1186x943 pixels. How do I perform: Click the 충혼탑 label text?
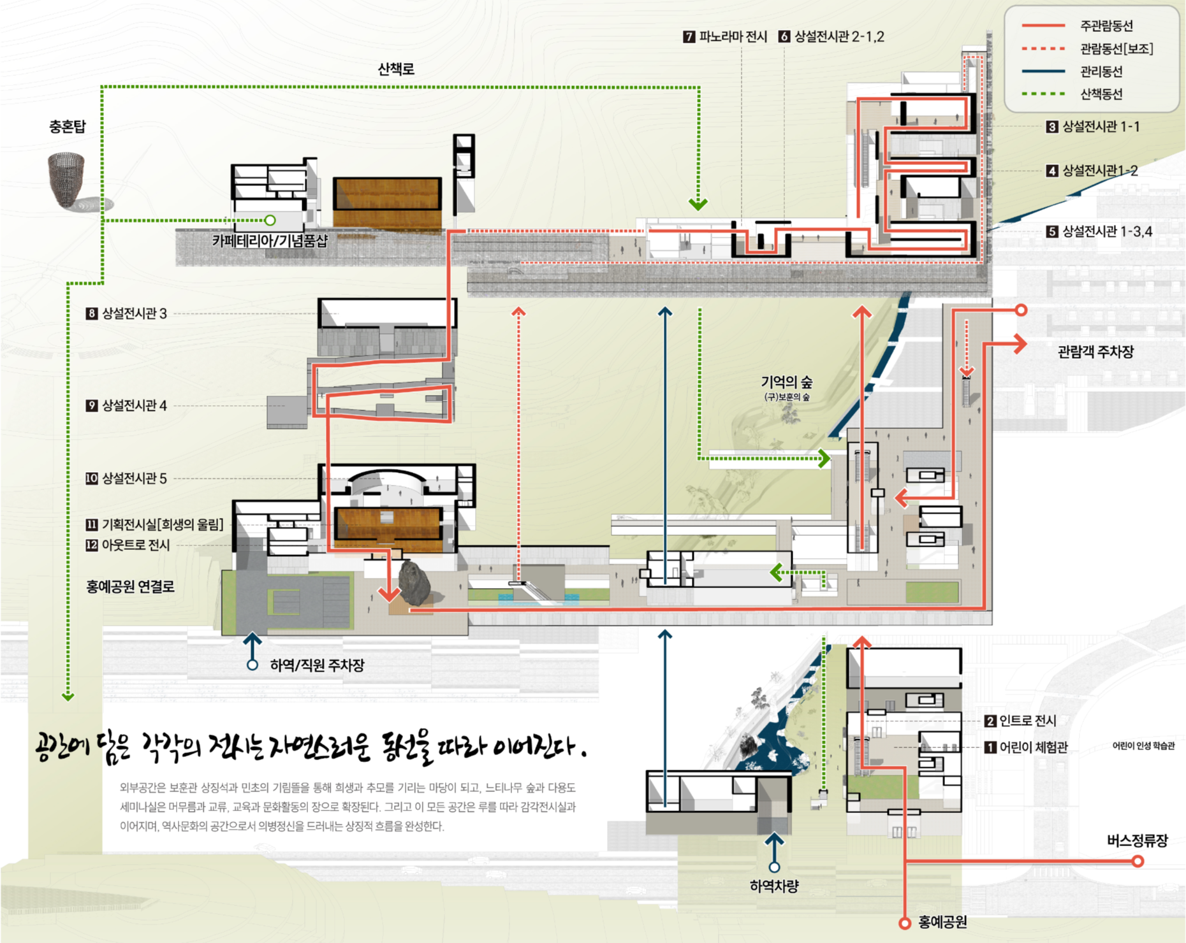click(68, 127)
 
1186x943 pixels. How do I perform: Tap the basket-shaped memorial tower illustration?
click(68, 180)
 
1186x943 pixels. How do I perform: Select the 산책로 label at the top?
click(396, 69)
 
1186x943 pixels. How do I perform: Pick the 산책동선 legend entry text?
click(1101, 94)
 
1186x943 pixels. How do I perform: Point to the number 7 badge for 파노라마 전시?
click(689, 37)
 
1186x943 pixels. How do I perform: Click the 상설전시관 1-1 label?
click(1101, 127)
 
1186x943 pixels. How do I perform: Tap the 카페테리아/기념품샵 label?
click(270, 241)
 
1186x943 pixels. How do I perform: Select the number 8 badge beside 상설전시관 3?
click(92, 313)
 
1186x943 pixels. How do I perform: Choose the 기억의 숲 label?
click(787, 382)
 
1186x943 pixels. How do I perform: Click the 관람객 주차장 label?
click(1095, 352)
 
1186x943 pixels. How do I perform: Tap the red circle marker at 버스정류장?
click(1138, 861)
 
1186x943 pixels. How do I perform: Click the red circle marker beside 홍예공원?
click(904, 923)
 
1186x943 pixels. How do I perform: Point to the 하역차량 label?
click(774, 886)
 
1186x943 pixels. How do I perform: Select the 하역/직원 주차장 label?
click(317, 665)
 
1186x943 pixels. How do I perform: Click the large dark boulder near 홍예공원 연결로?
click(415, 583)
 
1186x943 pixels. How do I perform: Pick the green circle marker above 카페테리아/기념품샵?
click(270, 220)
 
